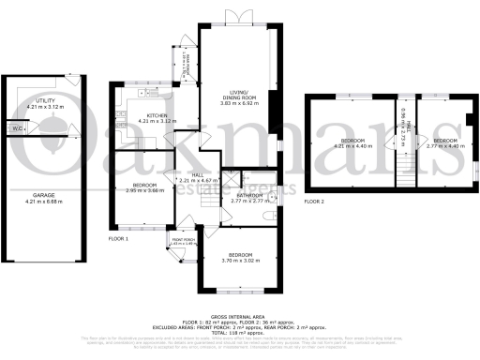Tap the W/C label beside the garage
[17, 127]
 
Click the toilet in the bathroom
[269, 215]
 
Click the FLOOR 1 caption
[118, 239]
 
